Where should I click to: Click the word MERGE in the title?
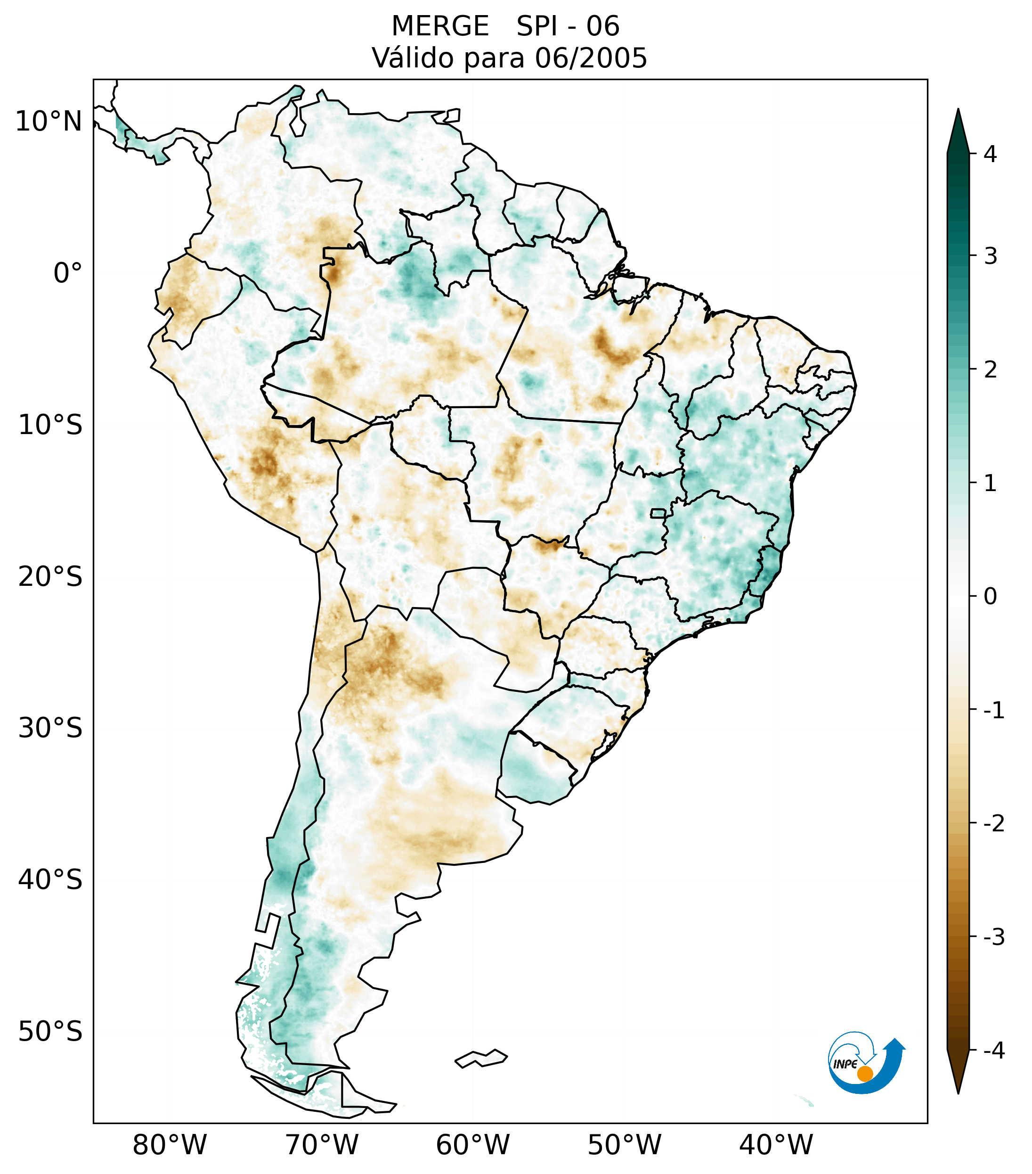(440, 26)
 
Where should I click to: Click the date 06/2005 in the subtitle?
(591, 58)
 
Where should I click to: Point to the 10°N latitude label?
(49, 121)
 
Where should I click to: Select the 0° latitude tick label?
(68, 273)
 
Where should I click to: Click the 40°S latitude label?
(50, 879)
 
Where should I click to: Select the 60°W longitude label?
(472, 1145)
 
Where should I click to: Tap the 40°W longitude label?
(776, 1145)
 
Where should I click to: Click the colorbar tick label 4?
(990, 154)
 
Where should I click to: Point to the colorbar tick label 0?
(990, 597)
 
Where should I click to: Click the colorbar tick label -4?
(993, 1051)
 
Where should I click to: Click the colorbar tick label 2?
(990, 370)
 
